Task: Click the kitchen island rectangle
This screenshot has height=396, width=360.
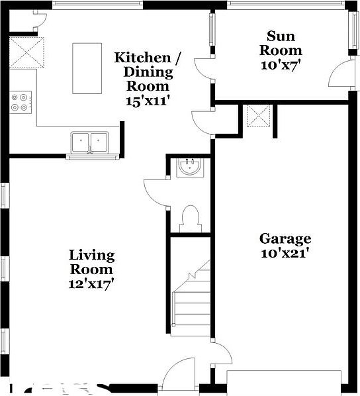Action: (87, 68)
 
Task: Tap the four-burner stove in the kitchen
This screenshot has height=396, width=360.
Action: (19, 101)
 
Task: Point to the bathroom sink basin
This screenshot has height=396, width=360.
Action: (191, 167)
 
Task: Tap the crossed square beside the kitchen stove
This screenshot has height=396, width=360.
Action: (26, 53)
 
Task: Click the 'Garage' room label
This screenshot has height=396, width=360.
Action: (285, 239)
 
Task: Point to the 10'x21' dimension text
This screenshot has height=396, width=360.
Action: (285, 252)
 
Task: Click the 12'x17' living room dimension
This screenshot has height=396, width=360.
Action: (91, 284)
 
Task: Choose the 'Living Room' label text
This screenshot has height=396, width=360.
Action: (91, 262)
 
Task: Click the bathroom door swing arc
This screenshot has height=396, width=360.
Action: (154, 192)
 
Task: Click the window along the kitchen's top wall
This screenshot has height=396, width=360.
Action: (97, 4)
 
